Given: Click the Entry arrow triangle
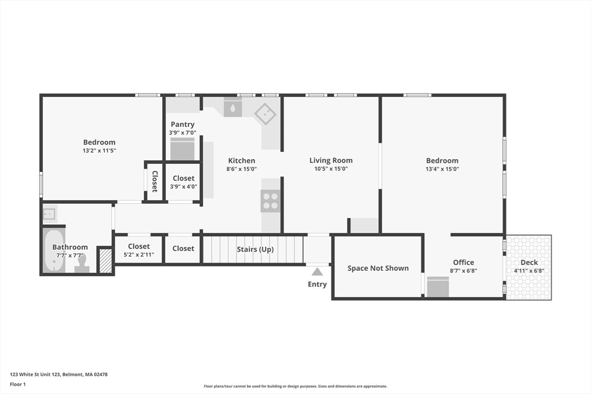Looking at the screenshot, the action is (x=317, y=272).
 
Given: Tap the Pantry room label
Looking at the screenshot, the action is (x=182, y=124).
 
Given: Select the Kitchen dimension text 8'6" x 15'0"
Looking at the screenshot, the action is (x=242, y=169).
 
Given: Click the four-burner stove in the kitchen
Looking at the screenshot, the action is (x=270, y=201).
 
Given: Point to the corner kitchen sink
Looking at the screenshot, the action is (x=265, y=114).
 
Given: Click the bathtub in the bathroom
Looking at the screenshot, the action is (x=54, y=250).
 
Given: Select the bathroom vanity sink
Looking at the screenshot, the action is (x=50, y=215).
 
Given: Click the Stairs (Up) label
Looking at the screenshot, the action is (x=255, y=249).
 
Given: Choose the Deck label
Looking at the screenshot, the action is (x=529, y=262).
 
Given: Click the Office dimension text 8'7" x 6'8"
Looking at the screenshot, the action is (x=463, y=271).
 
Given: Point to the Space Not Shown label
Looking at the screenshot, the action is (x=378, y=268).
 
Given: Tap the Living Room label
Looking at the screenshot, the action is (x=331, y=160).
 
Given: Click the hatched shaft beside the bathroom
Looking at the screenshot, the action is (x=106, y=261).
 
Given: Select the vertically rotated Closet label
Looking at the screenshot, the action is (x=155, y=182).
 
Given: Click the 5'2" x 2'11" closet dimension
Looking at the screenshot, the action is (x=139, y=254).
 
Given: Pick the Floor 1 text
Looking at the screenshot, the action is (x=18, y=384).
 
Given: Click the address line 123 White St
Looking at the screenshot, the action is (x=59, y=374).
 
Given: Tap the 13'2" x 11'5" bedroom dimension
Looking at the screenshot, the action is (x=99, y=151).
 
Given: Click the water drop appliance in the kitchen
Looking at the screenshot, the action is (x=233, y=108).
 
